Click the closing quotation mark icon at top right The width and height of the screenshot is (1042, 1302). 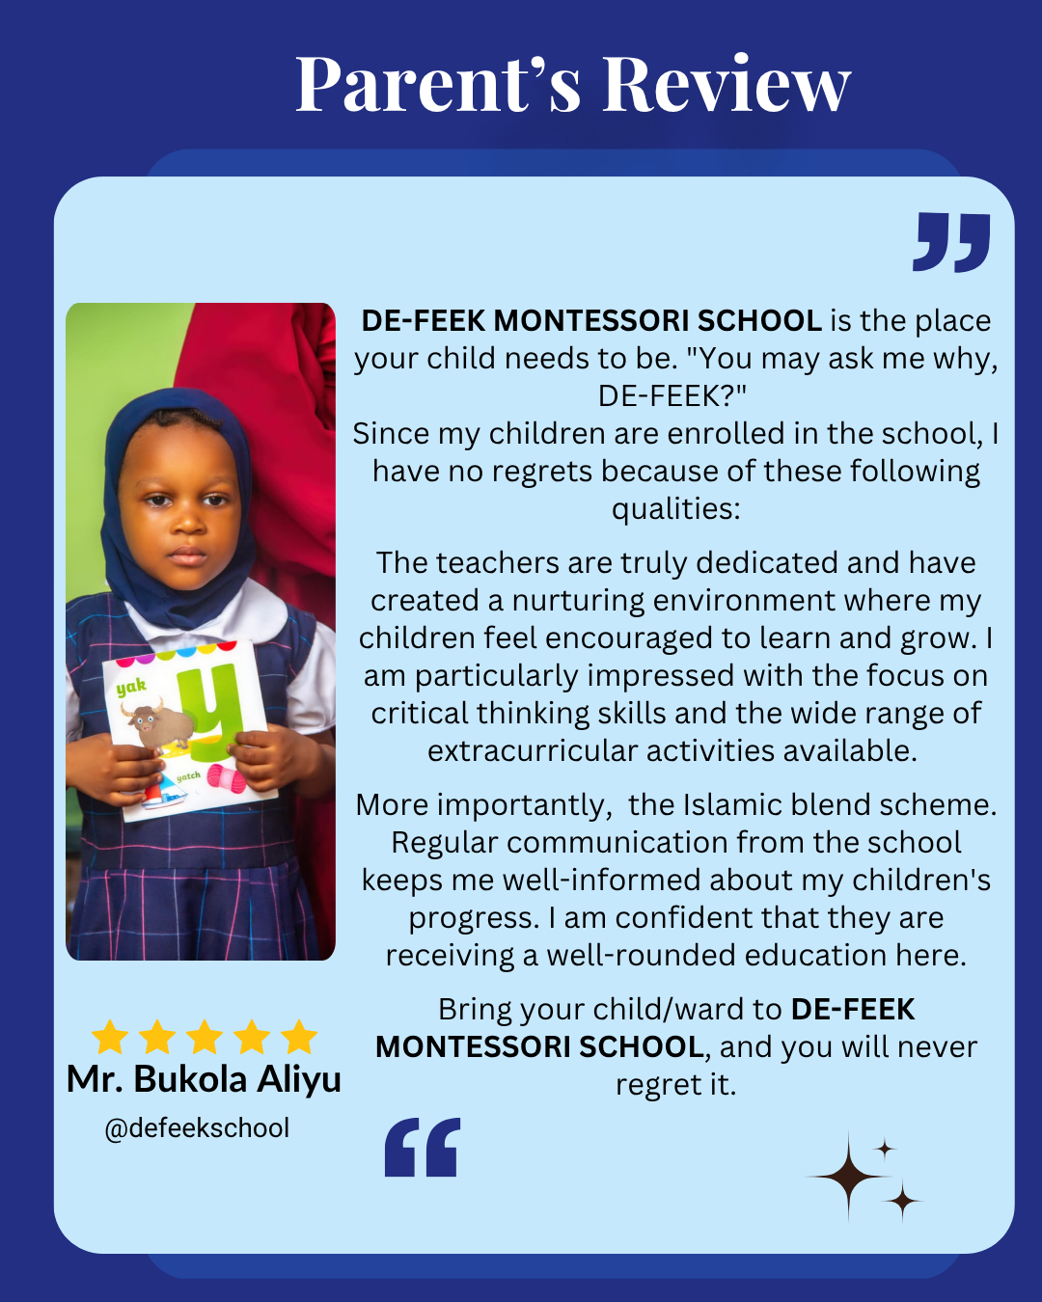coord(951,242)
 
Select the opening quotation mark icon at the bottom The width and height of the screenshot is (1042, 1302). coord(423,1148)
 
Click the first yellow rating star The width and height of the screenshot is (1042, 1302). coord(110,1038)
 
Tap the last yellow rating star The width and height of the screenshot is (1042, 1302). coord(299,1038)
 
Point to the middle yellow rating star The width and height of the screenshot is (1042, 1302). coord(205,1038)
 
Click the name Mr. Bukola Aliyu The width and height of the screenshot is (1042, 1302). coord(204,1079)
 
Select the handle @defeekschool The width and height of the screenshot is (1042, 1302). coord(197,1128)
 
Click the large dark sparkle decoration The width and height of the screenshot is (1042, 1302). coord(849,1177)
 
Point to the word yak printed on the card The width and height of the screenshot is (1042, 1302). coord(131,687)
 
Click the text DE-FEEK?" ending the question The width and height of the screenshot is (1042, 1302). coord(672,395)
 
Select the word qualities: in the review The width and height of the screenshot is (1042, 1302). coord(675,508)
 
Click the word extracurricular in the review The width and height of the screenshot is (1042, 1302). coord(546,750)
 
